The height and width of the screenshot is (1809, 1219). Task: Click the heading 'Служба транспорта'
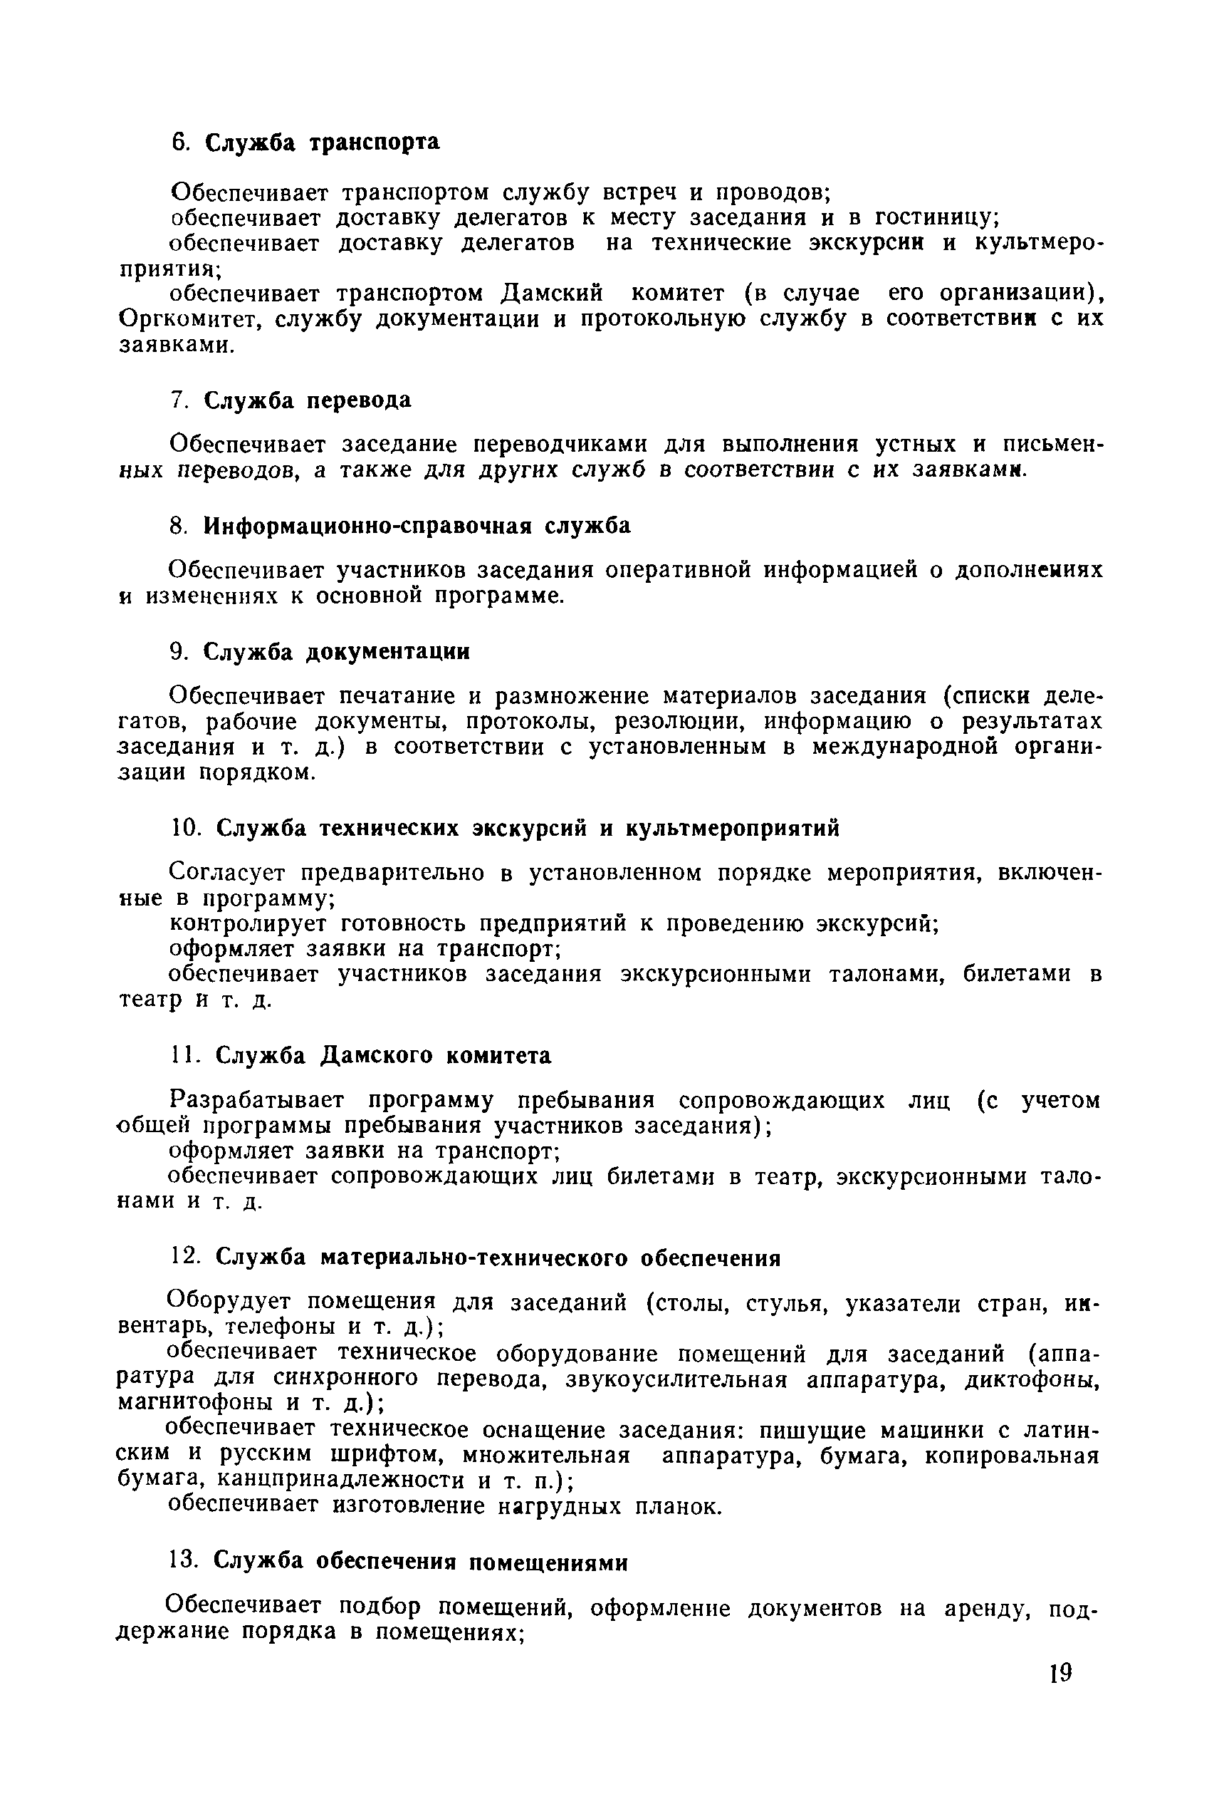322,142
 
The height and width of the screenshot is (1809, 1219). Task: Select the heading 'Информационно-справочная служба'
417,527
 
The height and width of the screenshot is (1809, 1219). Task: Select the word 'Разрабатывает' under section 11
256,1102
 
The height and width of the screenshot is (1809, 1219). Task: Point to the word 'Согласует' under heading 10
227,874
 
